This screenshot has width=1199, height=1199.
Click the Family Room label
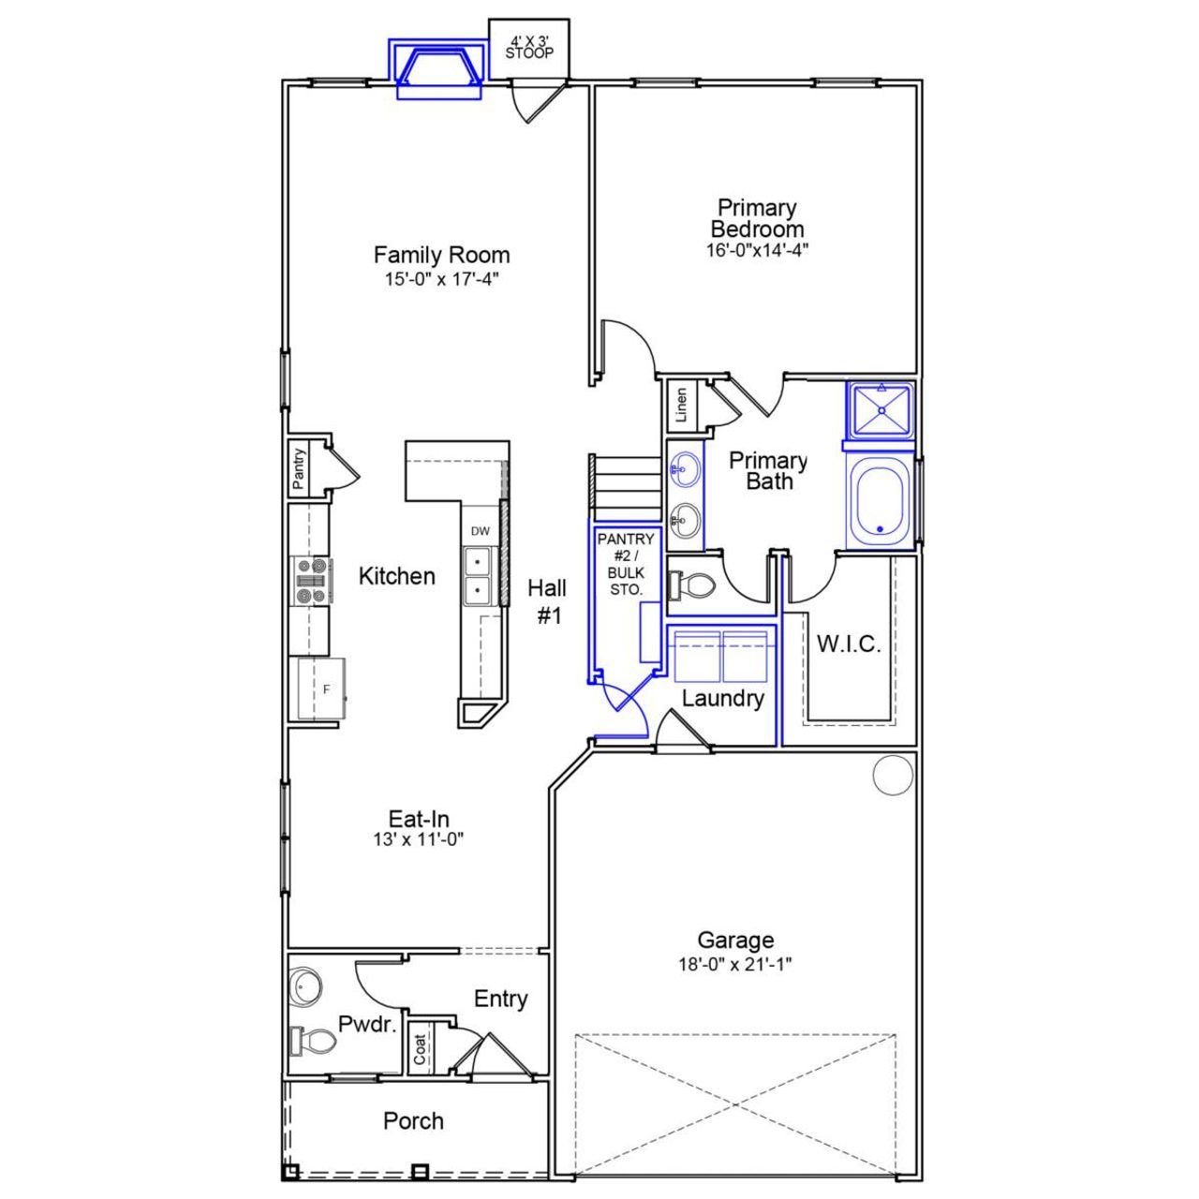pyautogui.click(x=441, y=255)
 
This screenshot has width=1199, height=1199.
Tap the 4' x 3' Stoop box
pyautogui.click(x=529, y=48)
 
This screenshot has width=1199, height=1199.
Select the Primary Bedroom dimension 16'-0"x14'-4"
pyautogui.click(x=757, y=250)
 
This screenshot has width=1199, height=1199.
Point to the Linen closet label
pyautogui.click(x=682, y=405)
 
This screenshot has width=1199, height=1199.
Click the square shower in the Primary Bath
pyautogui.click(x=881, y=409)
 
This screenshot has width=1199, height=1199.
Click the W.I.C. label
pyautogui.click(x=849, y=644)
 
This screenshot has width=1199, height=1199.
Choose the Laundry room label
pyautogui.click(x=722, y=698)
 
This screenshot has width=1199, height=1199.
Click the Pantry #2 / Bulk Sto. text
pyautogui.click(x=626, y=565)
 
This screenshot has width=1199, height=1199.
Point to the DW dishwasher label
pyautogui.click(x=481, y=531)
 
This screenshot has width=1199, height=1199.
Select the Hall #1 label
pyautogui.click(x=547, y=601)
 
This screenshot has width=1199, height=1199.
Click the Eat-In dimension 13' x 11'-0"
pyautogui.click(x=419, y=840)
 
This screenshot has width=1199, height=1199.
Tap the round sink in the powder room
pyautogui.click(x=305, y=986)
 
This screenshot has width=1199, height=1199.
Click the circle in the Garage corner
pyautogui.click(x=892, y=776)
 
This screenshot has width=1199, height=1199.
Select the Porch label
pyautogui.click(x=413, y=1121)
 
